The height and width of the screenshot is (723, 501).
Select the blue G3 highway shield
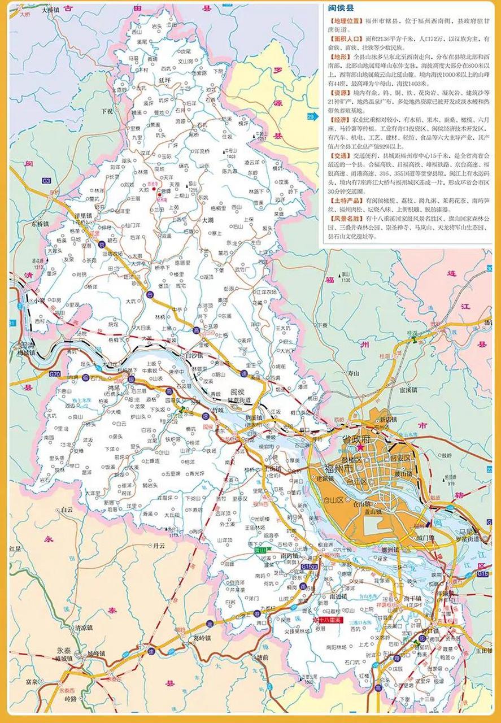click(46, 180)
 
